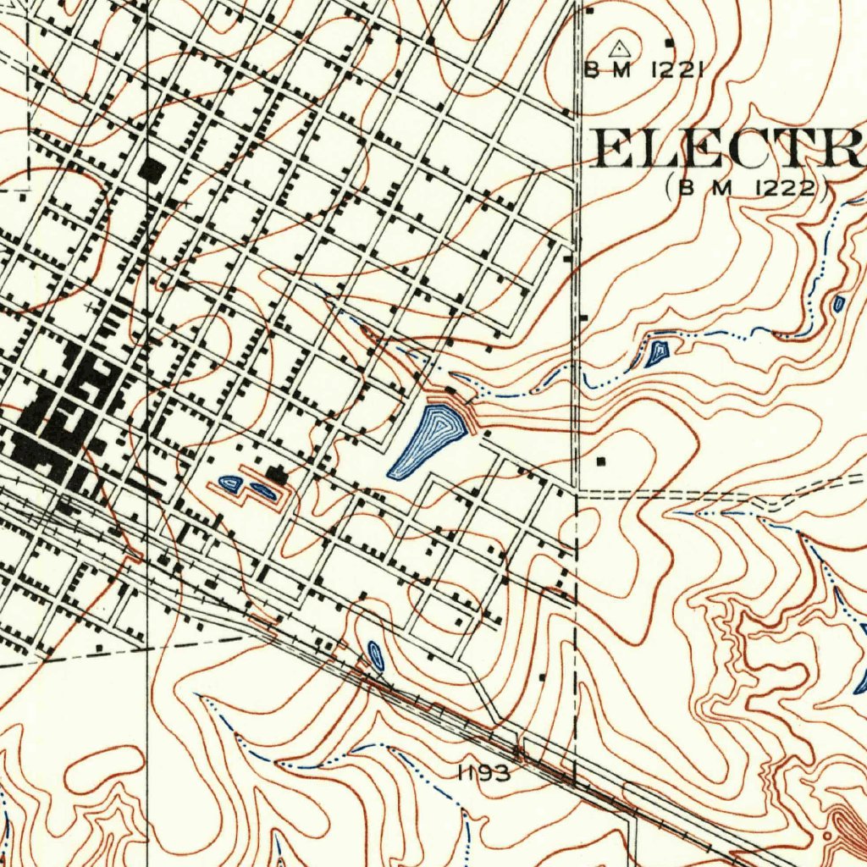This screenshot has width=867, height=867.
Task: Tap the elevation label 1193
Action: pyautogui.click(x=483, y=772)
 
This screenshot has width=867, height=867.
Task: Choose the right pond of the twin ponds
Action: pyautogui.click(x=262, y=489)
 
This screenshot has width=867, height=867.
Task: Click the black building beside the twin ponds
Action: pyautogui.click(x=276, y=474)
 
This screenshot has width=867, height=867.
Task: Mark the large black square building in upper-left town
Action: pyautogui.click(x=152, y=170)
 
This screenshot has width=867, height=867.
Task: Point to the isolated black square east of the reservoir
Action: pyautogui.click(x=601, y=461)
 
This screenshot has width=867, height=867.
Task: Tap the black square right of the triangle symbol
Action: pyautogui.click(x=669, y=42)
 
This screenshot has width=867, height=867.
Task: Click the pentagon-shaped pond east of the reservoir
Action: pyautogui.click(x=657, y=351)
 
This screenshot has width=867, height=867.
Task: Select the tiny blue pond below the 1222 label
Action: pyautogui.click(x=838, y=304)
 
